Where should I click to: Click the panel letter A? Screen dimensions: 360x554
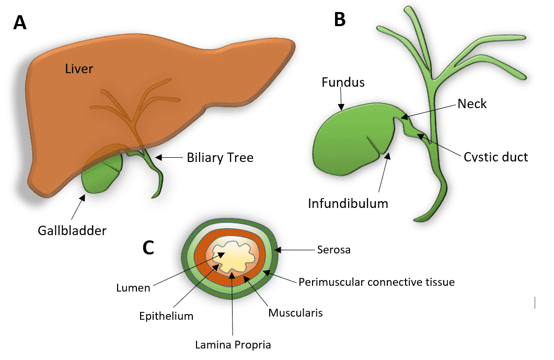pyautogui.click(x=20, y=22)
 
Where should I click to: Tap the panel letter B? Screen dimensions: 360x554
pyautogui.click(x=340, y=19)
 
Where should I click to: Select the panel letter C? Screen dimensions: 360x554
pyautogui.click(x=148, y=248)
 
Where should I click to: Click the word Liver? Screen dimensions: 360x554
pyautogui.click(x=79, y=68)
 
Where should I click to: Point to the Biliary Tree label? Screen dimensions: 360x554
pyautogui.click(x=220, y=157)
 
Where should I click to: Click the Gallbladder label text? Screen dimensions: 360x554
pyautogui.click(x=72, y=230)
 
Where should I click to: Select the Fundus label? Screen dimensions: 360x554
pyautogui.click(x=343, y=82)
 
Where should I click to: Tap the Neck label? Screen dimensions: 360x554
pyautogui.click(x=472, y=104)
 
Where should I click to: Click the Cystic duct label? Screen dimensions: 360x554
pyautogui.click(x=496, y=157)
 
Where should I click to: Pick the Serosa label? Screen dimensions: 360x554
pyautogui.click(x=333, y=250)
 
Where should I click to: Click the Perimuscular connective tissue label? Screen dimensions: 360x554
pyautogui.click(x=376, y=282)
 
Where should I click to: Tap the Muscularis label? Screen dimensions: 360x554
pyautogui.click(x=295, y=313)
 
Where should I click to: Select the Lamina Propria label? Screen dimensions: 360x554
pyautogui.click(x=233, y=344)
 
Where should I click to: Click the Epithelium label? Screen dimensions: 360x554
pyautogui.click(x=166, y=316)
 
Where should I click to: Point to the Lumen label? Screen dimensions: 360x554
pyautogui.click(x=133, y=287)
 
